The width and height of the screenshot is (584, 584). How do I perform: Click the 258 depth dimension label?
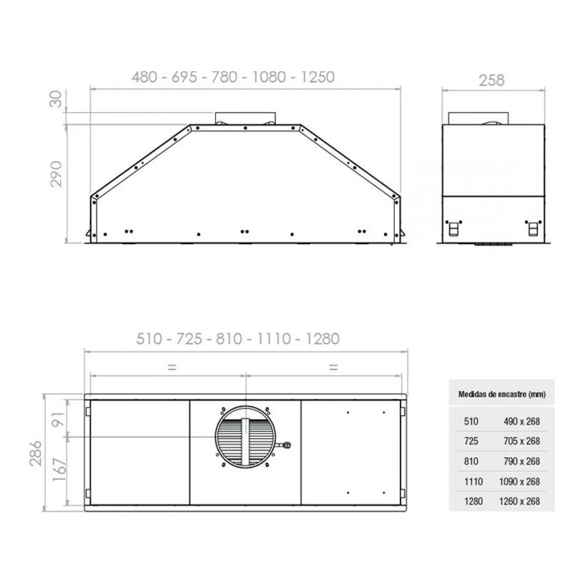[492, 81]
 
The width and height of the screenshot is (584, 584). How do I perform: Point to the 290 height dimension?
[56, 174]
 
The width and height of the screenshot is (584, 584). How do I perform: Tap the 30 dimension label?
[55, 99]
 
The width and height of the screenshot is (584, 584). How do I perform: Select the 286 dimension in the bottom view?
[36, 453]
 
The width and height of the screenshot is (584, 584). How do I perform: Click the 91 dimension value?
[58, 419]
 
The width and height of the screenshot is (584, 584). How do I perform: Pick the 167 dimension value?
[59, 470]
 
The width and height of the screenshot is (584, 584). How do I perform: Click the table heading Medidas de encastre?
[502, 394]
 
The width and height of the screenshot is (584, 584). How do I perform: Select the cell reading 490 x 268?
[522, 421]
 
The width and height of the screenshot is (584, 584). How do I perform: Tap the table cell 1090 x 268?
[520, 482]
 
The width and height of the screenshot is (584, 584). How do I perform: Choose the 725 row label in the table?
[471, 441]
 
